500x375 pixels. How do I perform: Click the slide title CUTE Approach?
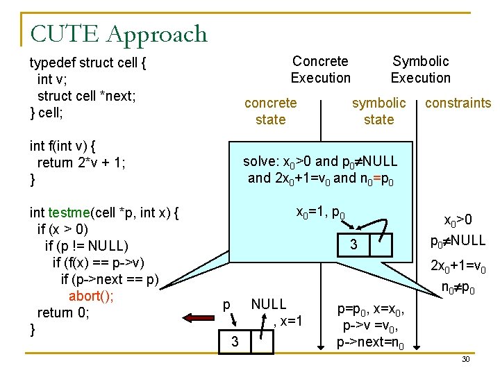coord(119,33)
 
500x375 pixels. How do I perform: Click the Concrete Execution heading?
coord(320,69)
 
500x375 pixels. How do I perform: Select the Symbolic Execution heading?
coord(420,69)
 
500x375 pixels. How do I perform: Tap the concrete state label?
coord(270,111)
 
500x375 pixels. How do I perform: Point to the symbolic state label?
coord(378,111)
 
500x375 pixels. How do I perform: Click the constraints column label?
coord(458,103)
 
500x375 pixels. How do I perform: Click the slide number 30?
coord(465,359)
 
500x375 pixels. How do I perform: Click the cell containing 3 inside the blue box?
coord(353,244)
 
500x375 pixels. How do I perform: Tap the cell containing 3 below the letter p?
coord(235,342)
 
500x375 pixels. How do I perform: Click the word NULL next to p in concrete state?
coord(268,304)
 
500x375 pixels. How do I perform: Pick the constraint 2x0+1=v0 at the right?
coord(458,266)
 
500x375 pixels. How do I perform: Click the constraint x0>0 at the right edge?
coord(458,221)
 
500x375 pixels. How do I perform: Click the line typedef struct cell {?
coord(87,62)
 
